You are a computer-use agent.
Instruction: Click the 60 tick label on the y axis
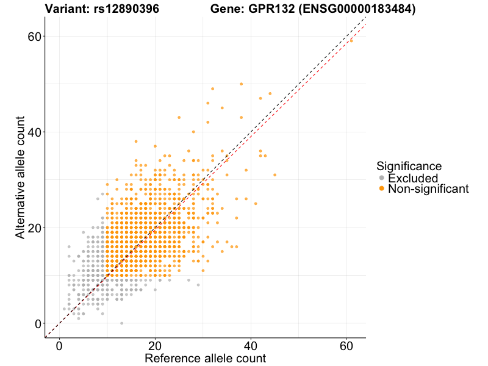click(35, 36)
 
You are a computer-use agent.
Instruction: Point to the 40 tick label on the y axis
click(35, 132)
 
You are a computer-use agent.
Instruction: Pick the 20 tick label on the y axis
click(35, 228)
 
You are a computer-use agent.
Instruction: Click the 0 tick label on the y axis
click(38, 323)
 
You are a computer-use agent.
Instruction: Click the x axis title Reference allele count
click(205, 358)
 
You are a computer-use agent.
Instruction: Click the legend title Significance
click(409, 166)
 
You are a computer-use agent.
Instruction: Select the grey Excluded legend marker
click(382, 178)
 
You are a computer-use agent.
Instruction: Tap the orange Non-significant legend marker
click(382, 188)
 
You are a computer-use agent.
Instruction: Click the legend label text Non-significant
click(428, 189)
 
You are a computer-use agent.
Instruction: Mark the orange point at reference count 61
click(351, 40)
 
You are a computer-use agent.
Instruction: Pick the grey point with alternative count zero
click(122, 323)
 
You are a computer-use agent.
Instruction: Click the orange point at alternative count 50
click(242, 84)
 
